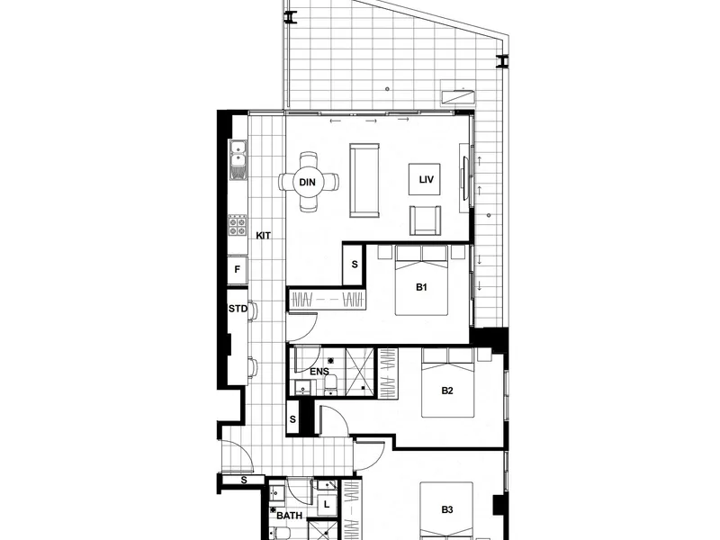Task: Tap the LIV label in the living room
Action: (x=427, y=181)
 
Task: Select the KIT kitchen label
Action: (x=264, y=236)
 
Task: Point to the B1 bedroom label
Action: (x=420, y=288)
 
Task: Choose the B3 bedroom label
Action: (x=447, y=510)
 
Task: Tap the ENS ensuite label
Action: (x=319, y=371)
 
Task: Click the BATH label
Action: (x=289, y=517)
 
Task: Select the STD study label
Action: (x=238, y=309)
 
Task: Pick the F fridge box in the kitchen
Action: (x=238, y=269)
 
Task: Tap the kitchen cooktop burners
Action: (x=238, y=226)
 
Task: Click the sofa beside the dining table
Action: (x=365, y=181)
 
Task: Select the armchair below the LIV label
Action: (x=426, y=220)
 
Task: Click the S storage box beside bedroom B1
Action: (x=354, y=265)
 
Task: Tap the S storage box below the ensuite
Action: (x=292, y=419)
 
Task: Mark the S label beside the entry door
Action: (x=245, y=481)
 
